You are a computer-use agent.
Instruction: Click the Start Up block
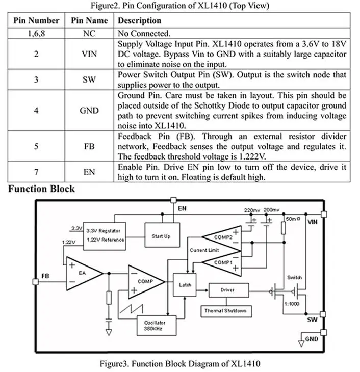point(162,235)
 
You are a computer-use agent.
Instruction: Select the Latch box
point(185,285)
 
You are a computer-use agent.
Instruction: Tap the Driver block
point(228,290)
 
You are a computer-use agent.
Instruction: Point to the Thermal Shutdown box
point(226,311)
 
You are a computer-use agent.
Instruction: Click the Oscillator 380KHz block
point(157,326)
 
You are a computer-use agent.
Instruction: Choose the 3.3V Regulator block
point(105,236)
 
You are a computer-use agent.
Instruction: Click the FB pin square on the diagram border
point(35,282)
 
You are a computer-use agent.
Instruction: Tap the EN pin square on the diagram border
point(173,200)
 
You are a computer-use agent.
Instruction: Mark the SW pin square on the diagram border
point(323,314)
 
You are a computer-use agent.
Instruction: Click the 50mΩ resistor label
point(293,219)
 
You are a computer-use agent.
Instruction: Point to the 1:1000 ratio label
point(292,304)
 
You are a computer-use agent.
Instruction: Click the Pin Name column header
point(89,21)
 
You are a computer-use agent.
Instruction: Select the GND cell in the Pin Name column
point(89,111)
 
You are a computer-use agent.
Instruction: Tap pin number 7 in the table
point(36,172)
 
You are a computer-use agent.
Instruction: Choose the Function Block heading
point(41,189)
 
